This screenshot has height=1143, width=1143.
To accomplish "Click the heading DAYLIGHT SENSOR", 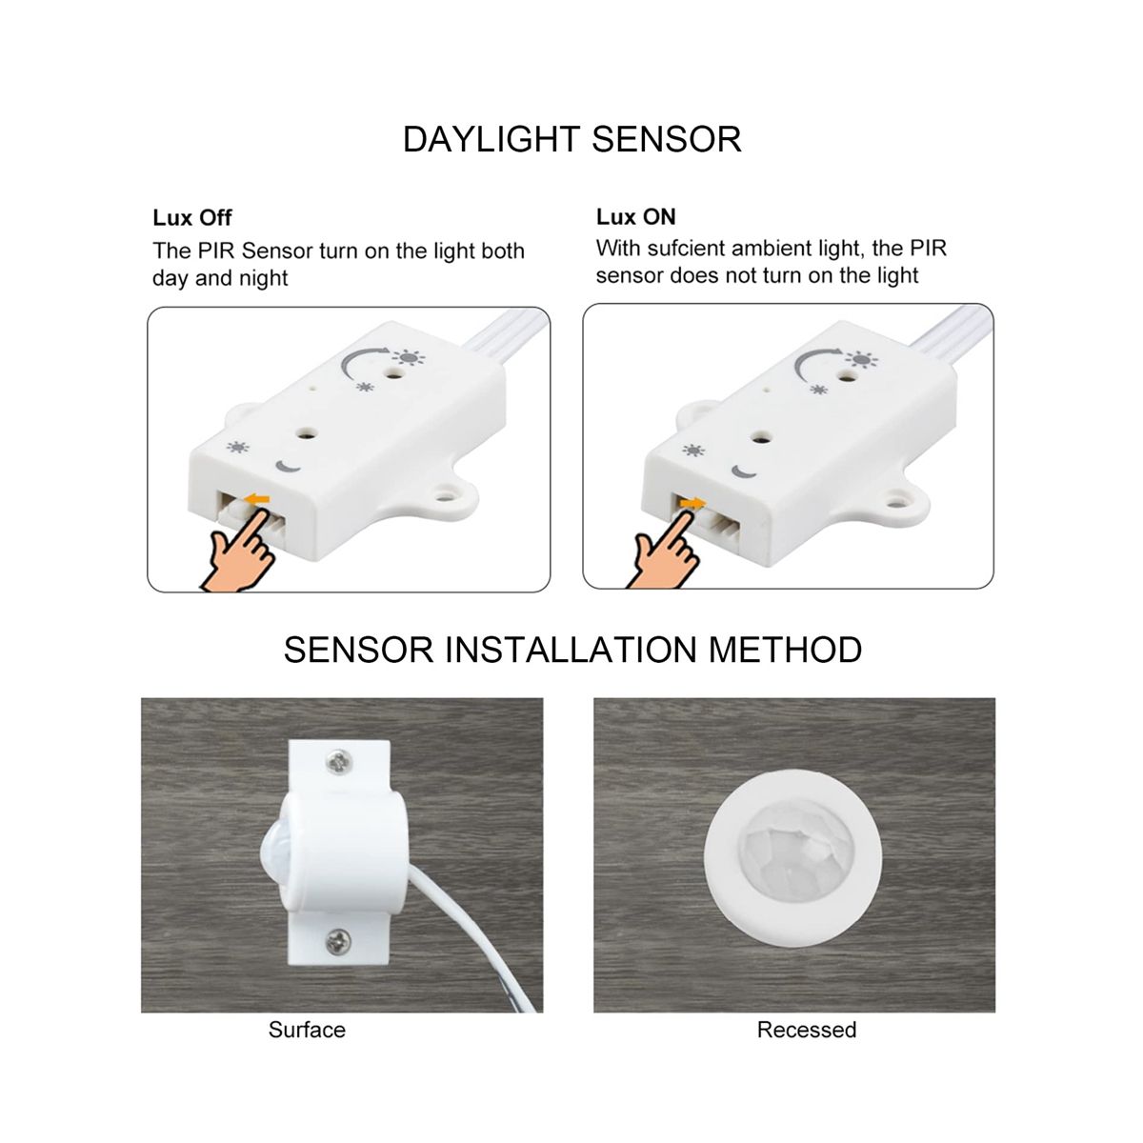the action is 571,139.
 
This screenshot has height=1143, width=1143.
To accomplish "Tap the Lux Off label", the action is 192,218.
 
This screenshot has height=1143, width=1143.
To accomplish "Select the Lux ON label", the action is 636,217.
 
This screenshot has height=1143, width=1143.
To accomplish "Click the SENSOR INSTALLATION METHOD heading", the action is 572,650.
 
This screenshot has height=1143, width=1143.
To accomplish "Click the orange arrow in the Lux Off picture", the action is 257,499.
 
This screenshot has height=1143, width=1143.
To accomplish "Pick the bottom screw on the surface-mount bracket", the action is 339,942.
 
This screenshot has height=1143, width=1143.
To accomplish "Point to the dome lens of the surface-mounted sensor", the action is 271,852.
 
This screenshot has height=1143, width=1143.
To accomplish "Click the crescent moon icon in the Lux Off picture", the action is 289,467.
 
